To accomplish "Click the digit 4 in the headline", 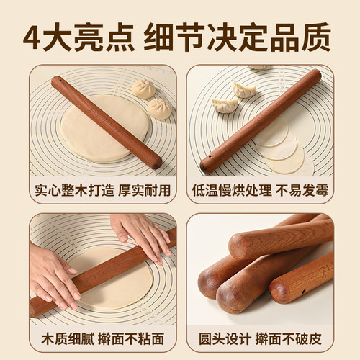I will [x=35, y=36].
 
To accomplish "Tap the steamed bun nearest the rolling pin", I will [x=143, y=89].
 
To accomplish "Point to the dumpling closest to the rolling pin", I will [x=244, y=90].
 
